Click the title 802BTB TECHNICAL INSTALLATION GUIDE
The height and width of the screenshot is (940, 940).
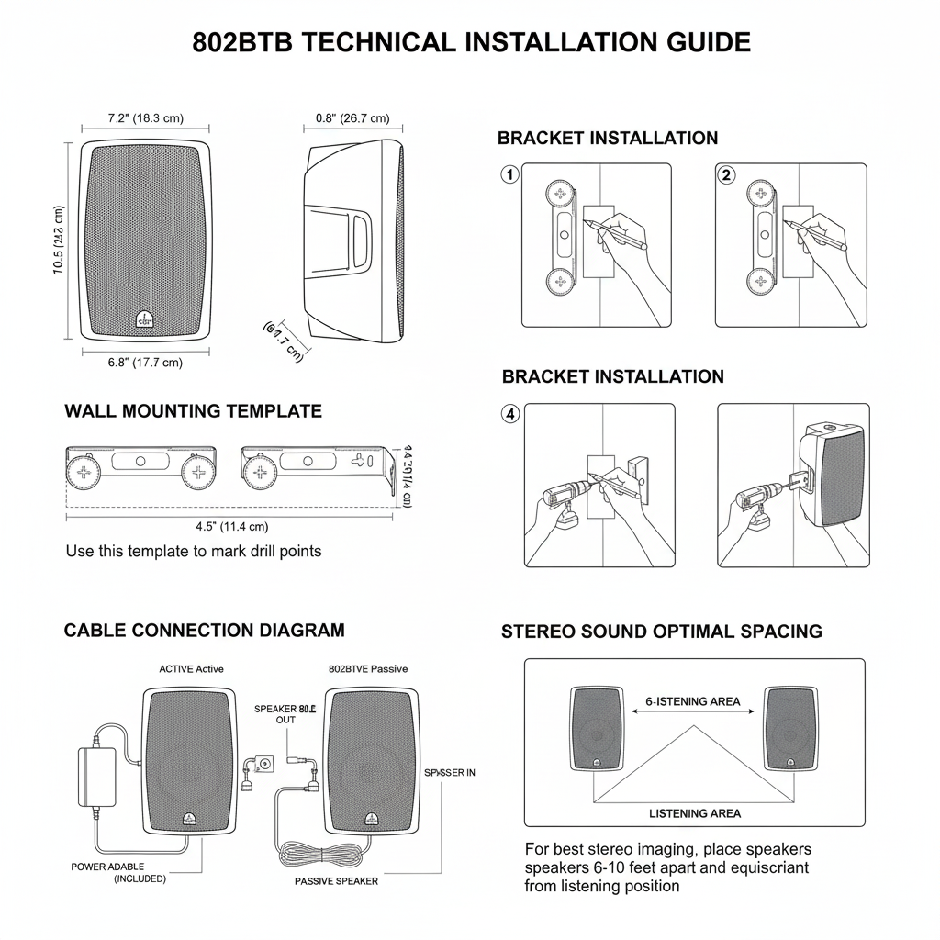tap(471, 42)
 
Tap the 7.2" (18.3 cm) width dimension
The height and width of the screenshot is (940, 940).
tap(145, 118)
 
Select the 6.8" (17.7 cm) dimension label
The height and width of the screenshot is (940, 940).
tap(145, 363)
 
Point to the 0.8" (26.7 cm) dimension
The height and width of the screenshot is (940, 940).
tap(352, 118)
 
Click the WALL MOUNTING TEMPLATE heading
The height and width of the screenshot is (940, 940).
tap(193, 411)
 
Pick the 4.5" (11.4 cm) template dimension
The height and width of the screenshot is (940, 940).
tap(231, 527)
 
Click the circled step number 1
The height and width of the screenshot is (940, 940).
tap(510, 174)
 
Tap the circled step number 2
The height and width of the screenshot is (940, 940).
tap(727, 174)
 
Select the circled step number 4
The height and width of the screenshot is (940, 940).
tap(510, 414)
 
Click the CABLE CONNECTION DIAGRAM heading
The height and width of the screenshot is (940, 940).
tap(204, 631)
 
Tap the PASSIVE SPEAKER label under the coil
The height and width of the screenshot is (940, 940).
tap(336, 881)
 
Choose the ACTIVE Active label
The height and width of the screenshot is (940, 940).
tap(191, 669)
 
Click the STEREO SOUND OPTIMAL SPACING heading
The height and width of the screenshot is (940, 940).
tap(661, 632)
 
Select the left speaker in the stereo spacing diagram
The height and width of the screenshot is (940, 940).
tap(596, 729)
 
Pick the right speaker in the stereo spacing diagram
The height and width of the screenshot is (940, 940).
tap(790, 729)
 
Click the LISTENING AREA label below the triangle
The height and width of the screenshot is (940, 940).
tap(694, 813)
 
